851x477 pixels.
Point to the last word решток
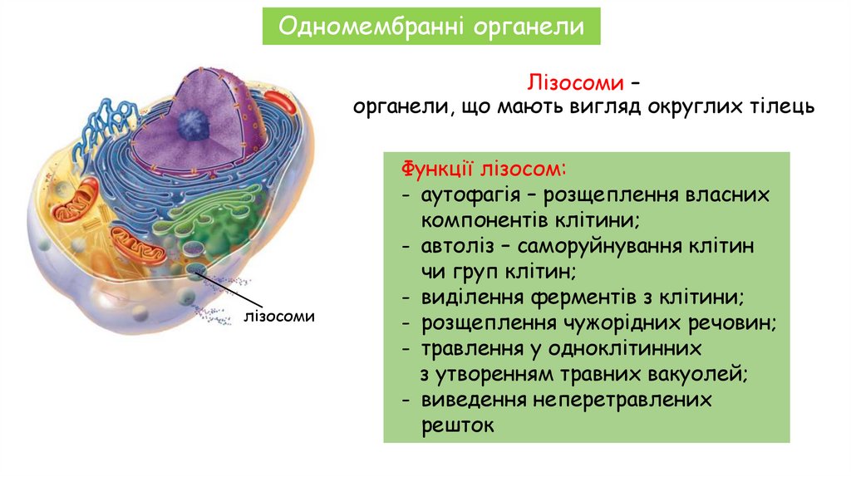point(457,425)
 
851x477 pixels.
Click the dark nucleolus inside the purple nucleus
point(194,125)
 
